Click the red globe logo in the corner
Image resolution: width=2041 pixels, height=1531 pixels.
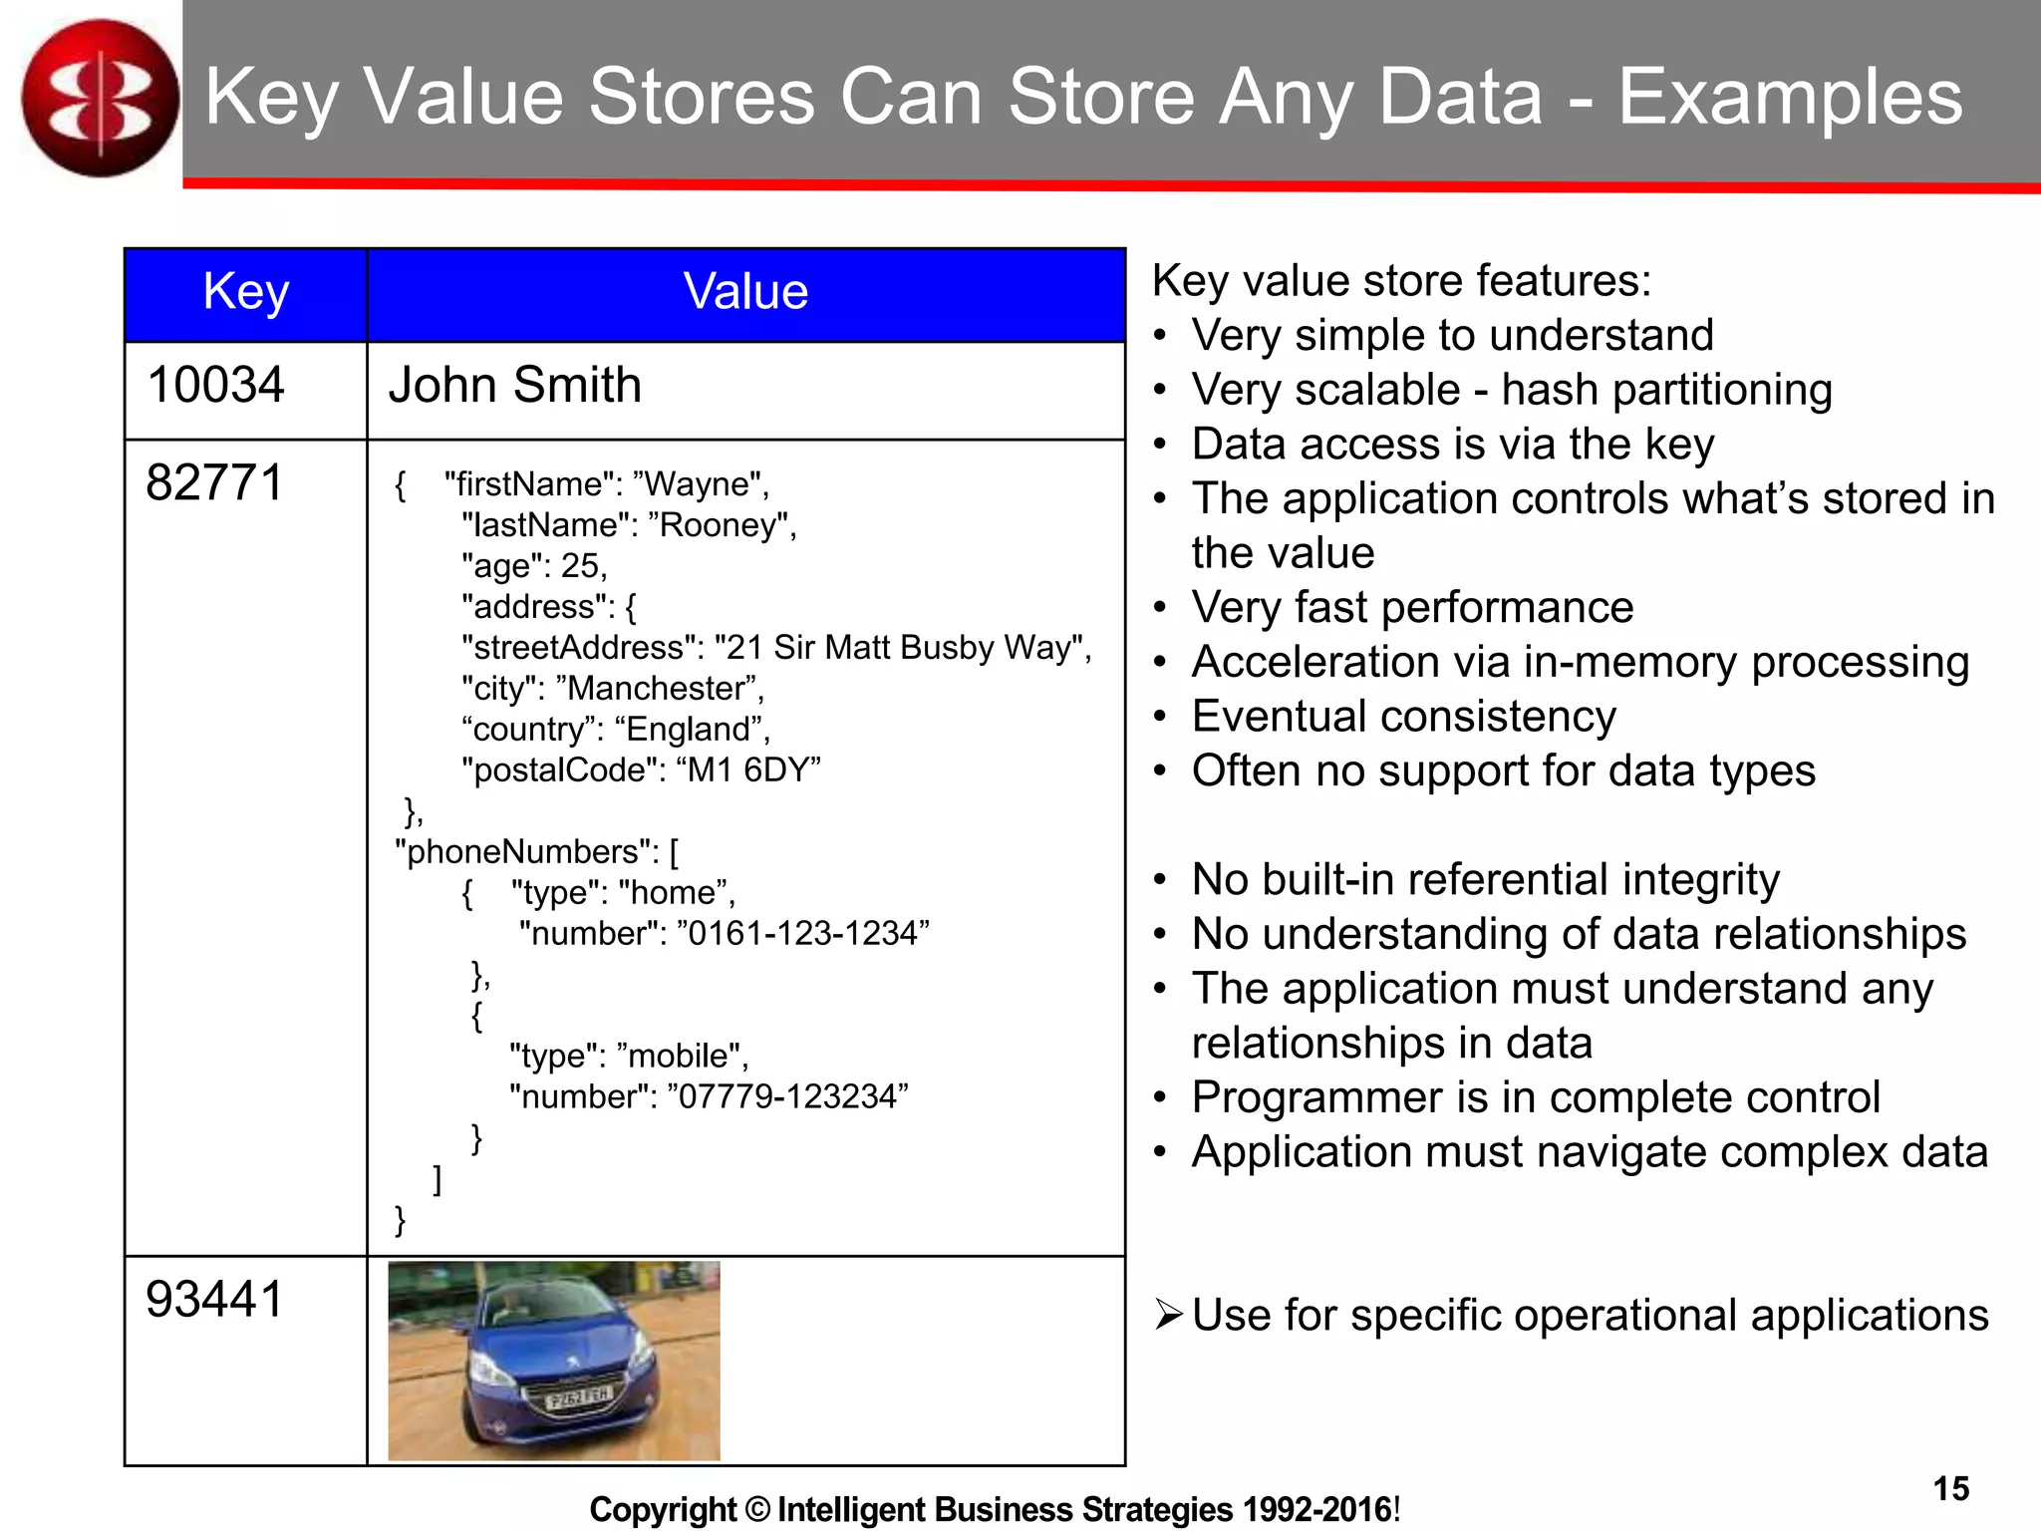click(x=100, y=98)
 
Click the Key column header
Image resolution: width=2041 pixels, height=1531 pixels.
click(x=245, y=293)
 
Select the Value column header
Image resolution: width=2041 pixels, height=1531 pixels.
click(x=745, y=293)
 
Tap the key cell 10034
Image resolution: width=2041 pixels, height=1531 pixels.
click(x=215, y=386)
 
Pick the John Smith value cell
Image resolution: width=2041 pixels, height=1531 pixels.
click(x=514, y=386)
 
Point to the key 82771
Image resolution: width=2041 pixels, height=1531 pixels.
click(x=215, y=483)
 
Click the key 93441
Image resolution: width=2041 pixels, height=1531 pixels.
click(x=215, y=1300)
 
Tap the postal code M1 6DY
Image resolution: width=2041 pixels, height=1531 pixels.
click(x=748, y=770)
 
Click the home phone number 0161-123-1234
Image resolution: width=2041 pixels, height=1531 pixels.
click(x=803, y=934)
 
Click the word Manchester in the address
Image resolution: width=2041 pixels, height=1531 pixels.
click(x=657, y=689)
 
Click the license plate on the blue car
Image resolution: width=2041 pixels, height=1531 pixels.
click(x=578, y=1398)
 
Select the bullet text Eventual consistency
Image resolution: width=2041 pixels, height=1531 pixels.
click(x=1403, y=717)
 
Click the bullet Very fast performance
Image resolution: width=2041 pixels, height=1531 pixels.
click(x=1412, y=608)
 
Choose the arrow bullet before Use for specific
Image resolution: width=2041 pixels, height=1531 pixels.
click(x=1168, y=1315)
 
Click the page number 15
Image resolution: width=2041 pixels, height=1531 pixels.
click(x=1950, y=1488)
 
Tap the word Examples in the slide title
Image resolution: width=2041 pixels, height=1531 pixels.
click(x=1789, y=98)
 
